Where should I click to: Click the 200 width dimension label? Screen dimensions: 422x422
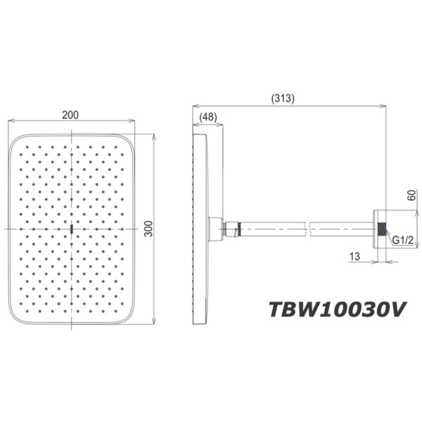[70, 116]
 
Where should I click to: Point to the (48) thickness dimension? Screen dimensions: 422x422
[208, 117]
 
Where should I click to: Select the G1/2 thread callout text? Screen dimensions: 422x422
[403, 241]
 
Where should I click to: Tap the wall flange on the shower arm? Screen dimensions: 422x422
[380, 229]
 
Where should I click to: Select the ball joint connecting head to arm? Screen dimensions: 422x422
[229, 229]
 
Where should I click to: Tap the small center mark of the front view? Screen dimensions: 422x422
[72, 229]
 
